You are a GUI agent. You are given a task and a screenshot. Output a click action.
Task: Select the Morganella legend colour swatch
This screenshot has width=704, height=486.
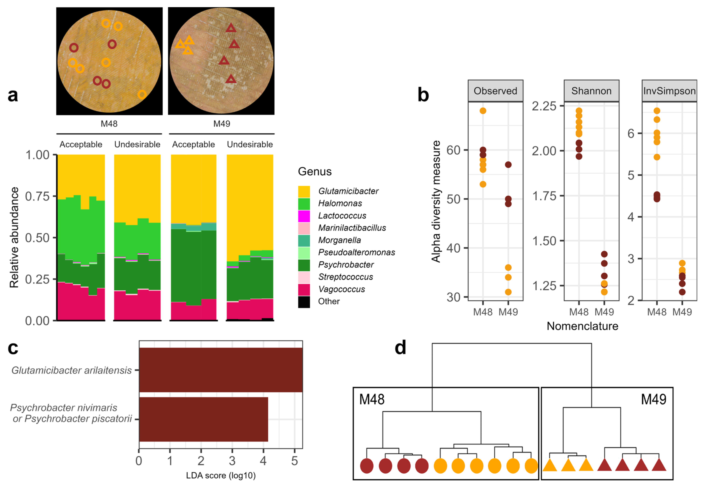304,240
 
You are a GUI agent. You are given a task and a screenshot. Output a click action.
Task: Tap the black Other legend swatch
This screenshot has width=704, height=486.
304,302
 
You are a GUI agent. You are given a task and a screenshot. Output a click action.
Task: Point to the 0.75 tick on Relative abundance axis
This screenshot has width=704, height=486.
37,196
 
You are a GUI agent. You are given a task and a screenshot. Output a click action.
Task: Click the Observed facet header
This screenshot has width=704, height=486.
495,91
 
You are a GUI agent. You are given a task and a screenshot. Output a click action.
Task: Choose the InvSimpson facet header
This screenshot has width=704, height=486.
669,91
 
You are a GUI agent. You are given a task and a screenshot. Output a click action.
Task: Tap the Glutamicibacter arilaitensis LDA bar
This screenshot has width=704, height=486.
221,370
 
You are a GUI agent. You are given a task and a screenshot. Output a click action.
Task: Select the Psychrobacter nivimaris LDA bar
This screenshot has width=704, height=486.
203,419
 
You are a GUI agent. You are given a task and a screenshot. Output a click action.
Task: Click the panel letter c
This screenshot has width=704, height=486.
13,348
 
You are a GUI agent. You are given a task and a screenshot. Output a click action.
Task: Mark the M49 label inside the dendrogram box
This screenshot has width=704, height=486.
653,399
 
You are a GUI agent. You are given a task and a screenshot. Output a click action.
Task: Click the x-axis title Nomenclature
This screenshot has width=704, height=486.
582,326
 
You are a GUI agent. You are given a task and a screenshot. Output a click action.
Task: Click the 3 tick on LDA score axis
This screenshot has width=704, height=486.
232,461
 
